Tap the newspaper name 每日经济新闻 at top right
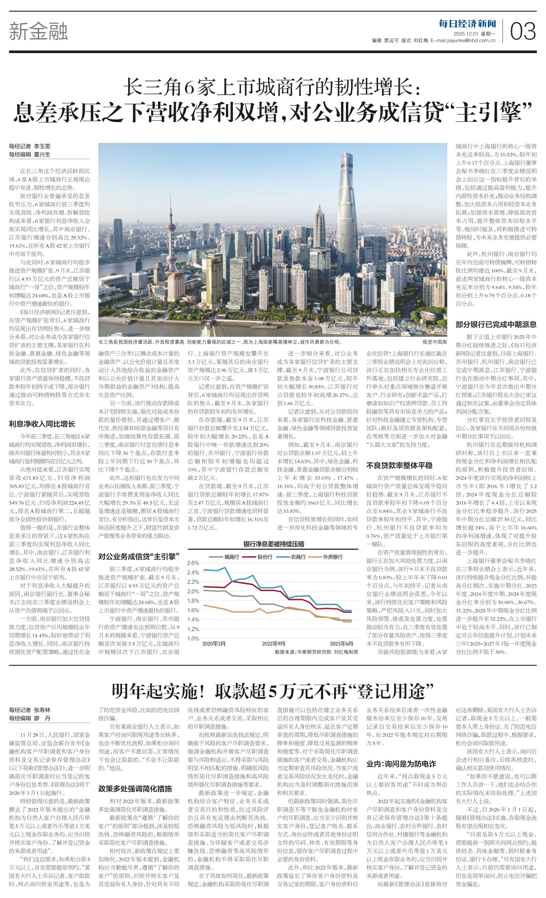tap(467, 24)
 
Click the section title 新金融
tap(38, 31)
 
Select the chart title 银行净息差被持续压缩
tap(273, 544)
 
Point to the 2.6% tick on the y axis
tap(193, 563)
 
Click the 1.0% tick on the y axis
tap(193, 639)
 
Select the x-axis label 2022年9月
tap(273, 644)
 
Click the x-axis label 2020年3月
tap(214, 644)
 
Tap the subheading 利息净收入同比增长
tap(42, 424)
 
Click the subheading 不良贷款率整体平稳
tap(399, 465)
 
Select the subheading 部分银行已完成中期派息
tap(496, 324)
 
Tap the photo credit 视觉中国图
tap(435, 342)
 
